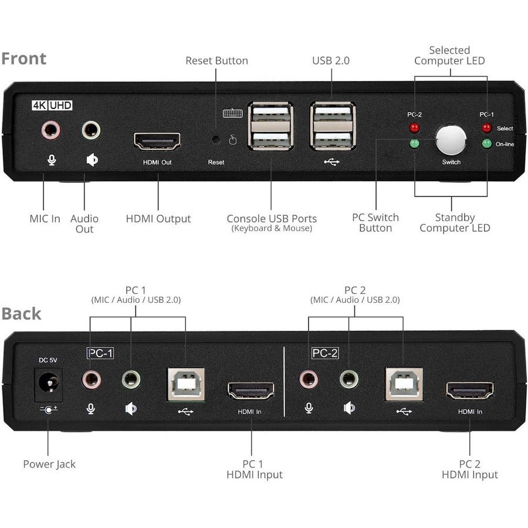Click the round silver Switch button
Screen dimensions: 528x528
pyautogui.click(x=451, y=140)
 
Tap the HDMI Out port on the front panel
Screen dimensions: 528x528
pyautogui.click(x=157, y=141)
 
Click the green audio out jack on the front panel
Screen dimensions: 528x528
pyautogui.click(x=91, y=130)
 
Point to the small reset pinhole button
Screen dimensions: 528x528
pyautogui.click(x=216, y=140)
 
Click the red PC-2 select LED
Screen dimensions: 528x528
pyautogui.click(x=415, y=127)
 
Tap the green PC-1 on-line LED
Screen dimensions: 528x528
pyautogui.click(x=486, y=143)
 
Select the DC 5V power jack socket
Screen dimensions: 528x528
pyautogui.click(x=48, y=384)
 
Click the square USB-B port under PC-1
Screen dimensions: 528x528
pyautogui.click(x=186, y=384)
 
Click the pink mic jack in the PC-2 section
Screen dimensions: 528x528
pyautogui.click(x=309, y=380)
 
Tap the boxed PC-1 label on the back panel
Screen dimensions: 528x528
pyautogui.click(x=100, y=353)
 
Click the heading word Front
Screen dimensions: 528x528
pyautogui.click(x=23, y=59)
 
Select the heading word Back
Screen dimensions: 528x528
pyautogui.click(x=21, y=313)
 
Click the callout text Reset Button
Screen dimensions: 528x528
pyautogui.click(x=216, y=60)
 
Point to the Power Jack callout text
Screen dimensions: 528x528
pyautogui.click(x=49, y=464)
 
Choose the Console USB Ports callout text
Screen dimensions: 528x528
pyautogui.click(x=272, y=219)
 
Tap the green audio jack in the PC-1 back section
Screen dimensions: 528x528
pyautogui.click(x=131, y=380)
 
